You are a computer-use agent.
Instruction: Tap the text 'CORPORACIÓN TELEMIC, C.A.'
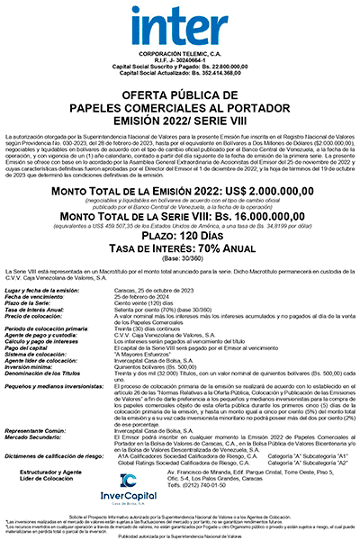click(x=180, y=54)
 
